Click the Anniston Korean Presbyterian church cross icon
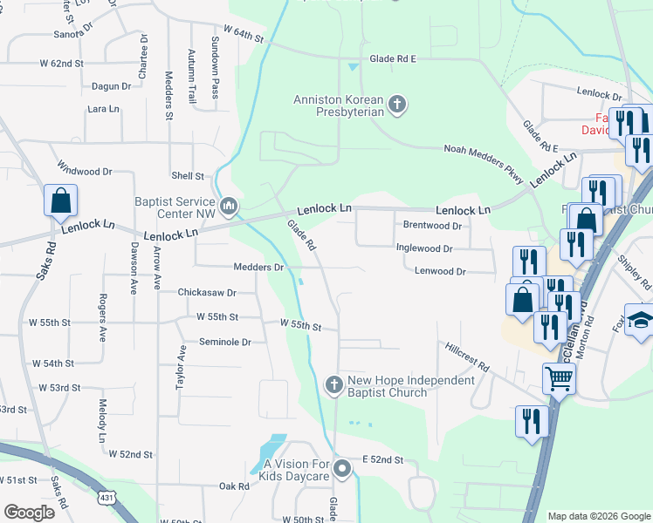[x=397, y=106]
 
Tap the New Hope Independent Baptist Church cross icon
[x=333, y=384]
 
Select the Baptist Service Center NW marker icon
[x=229, y=206]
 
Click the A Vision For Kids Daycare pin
[x=343, y=470]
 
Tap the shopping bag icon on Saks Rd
[x=60, y=200]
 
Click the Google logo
[x=29, y=512]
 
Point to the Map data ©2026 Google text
[x=598, y=516]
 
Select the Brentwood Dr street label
[x=431, y=226]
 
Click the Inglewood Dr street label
[x=424, y=248]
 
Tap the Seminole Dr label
[x=225, y=343]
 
